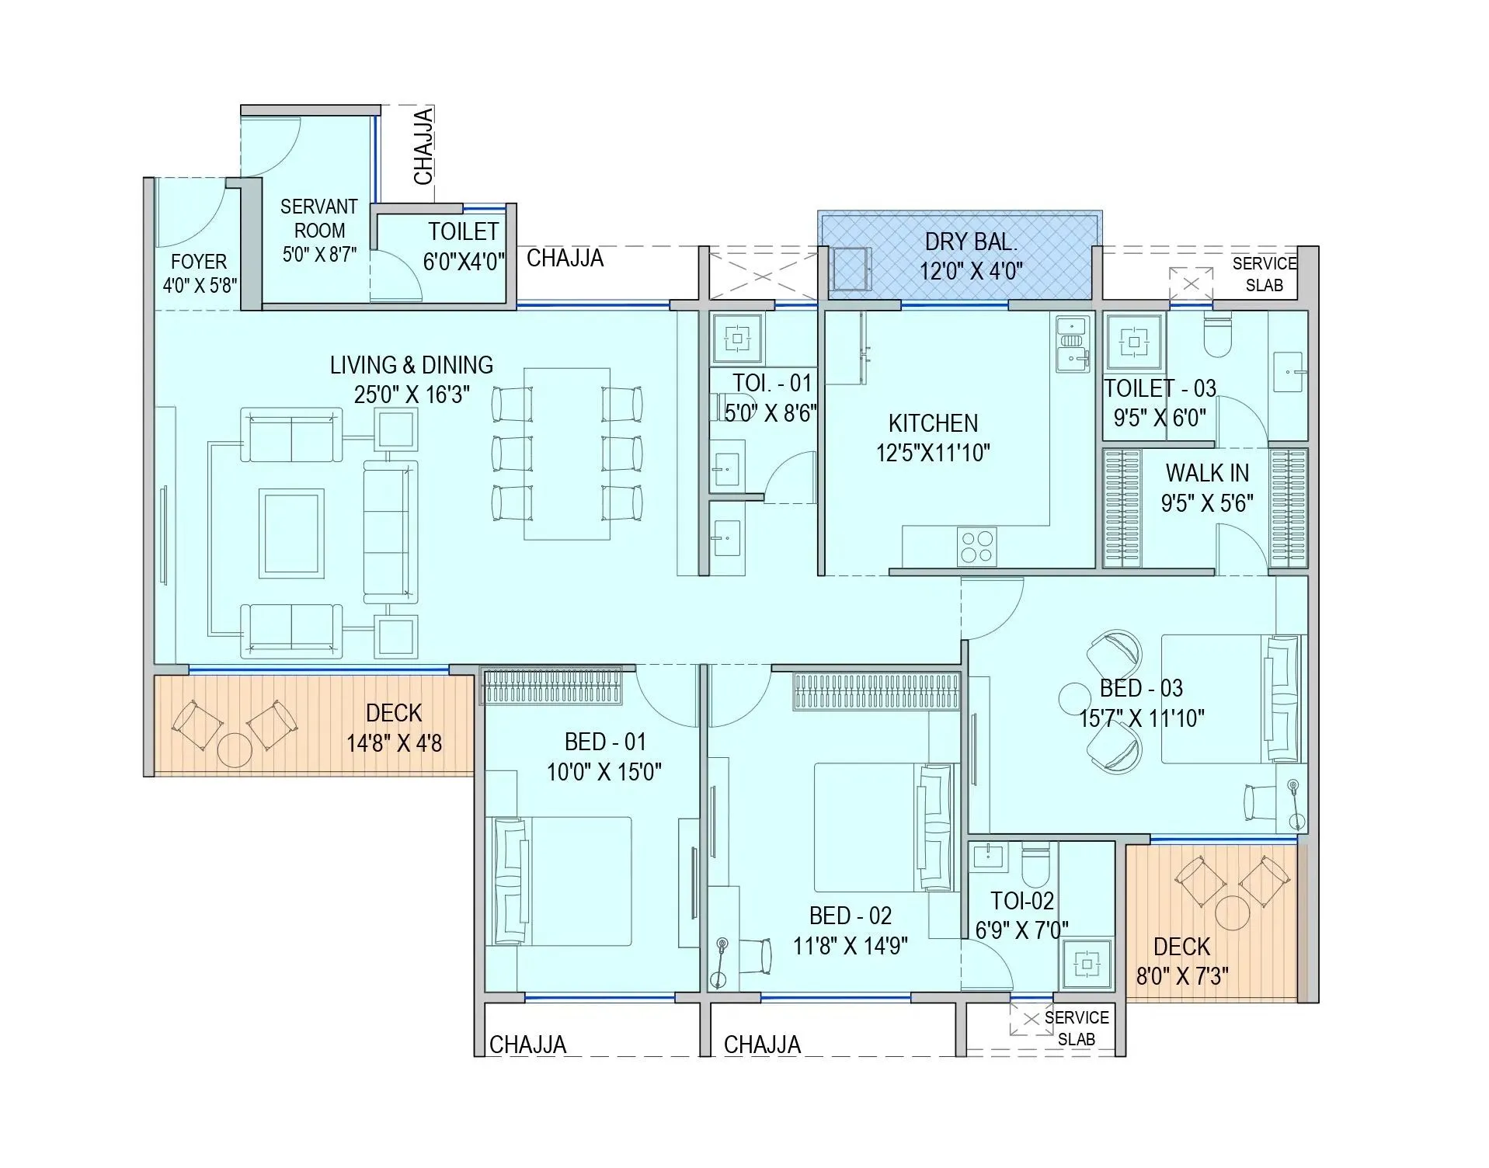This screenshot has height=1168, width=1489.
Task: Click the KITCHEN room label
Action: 933,423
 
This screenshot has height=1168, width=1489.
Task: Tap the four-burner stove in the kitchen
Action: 977,546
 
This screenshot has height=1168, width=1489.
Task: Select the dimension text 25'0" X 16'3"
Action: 411,395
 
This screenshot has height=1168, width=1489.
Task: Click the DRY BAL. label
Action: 971,242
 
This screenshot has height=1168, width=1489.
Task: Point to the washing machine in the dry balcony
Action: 851,269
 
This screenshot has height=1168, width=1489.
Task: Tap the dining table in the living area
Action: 567,454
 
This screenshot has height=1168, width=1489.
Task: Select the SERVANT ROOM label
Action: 318,218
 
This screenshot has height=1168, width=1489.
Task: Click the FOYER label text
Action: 199,262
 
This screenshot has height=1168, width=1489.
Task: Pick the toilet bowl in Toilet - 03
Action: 1217,336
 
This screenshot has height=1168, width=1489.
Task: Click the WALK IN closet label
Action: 1207,473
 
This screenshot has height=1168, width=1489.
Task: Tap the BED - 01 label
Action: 605,742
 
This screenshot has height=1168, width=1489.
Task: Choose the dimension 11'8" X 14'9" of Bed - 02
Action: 850,946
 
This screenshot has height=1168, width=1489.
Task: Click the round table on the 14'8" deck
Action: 235,749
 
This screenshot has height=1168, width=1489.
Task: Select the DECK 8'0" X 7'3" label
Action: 1181,961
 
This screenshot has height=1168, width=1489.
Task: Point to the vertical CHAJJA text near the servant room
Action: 423,147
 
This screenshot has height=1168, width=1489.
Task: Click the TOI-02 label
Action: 1022,901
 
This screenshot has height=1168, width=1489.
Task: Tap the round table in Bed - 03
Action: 1076,697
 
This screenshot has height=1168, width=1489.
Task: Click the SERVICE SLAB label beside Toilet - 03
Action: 1264,274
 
